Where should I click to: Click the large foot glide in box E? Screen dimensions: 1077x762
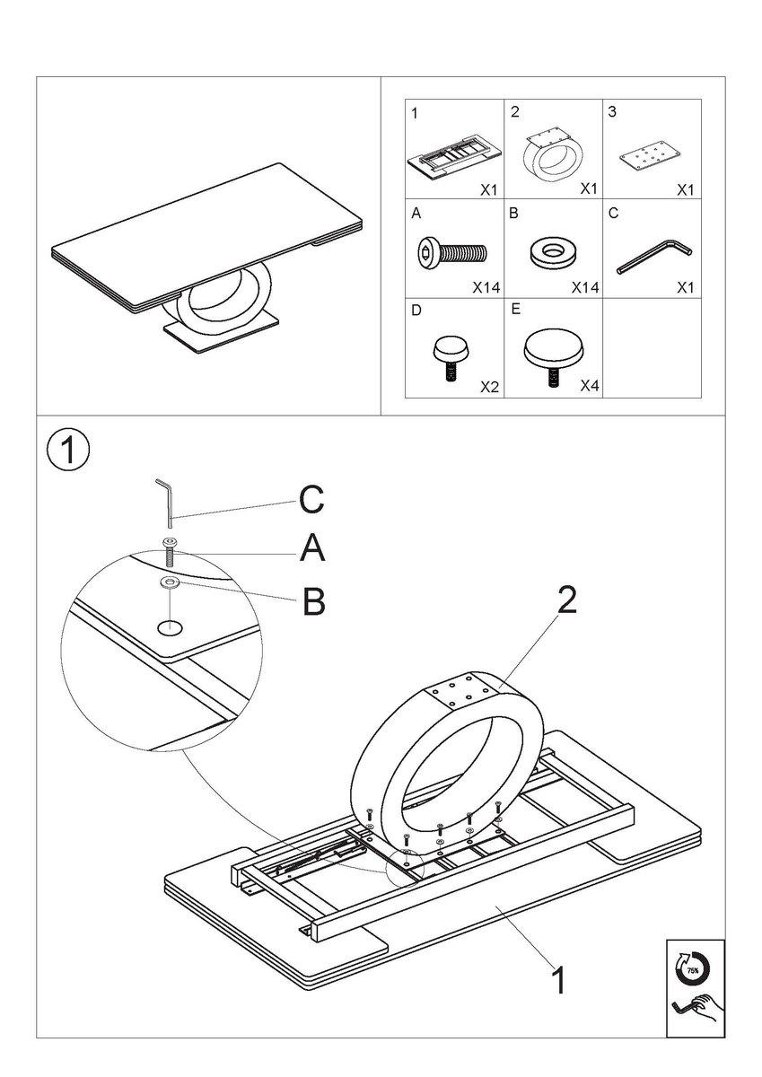550,351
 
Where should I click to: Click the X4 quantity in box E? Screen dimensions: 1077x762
588,386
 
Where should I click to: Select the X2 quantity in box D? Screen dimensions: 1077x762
489,386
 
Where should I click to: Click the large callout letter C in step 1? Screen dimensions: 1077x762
311,502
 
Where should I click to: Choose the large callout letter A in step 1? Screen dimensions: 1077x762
311,549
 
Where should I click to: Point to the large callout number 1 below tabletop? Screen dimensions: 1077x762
557,980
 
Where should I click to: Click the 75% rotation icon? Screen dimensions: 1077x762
693,968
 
